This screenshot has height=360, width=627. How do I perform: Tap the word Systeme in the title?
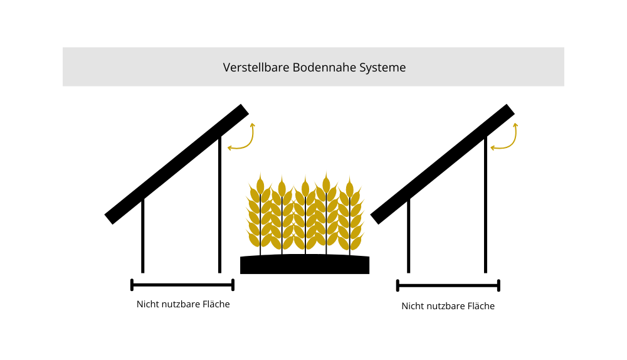coord(382,67)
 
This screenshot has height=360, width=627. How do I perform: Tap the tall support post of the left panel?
coord(219,207)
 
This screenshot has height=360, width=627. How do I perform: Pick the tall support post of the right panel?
coord(486,207)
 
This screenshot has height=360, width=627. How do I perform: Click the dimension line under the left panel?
coord(182,285)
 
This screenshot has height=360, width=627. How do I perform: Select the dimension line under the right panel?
coord(448,286)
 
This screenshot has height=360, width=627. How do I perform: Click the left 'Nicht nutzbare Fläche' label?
coord(183,305)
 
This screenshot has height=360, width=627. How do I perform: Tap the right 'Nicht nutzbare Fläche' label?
coord(448,306)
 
